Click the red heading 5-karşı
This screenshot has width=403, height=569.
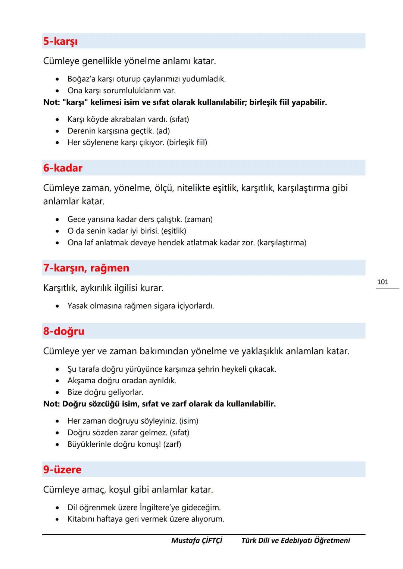60,41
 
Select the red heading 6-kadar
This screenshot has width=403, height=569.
63,168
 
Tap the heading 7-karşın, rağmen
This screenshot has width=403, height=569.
86,268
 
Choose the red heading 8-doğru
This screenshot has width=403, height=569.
64,331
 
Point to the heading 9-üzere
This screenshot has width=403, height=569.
62,469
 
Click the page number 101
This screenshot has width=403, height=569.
383,282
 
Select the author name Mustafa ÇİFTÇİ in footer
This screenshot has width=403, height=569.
197,540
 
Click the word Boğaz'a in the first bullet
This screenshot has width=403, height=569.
81,79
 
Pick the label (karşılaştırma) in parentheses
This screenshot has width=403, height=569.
282,243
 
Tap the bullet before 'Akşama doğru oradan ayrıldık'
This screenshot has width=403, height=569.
57,381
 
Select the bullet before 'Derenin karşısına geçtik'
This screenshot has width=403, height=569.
57,131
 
